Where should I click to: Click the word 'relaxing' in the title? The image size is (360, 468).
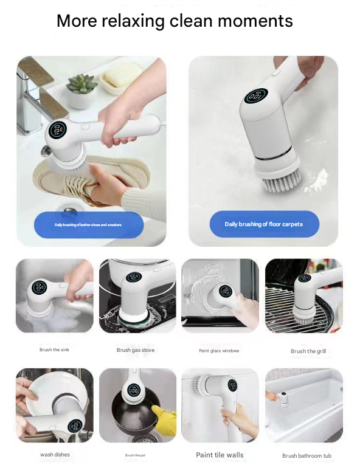(133, 21)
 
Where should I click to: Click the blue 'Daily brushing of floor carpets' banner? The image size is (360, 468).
(264, 224)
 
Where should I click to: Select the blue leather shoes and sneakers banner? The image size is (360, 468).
(88, 225)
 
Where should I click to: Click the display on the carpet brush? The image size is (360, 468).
(256, 96)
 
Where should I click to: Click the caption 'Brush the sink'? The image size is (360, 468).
(54, 350)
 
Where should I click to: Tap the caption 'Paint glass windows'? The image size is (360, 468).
(219, 351)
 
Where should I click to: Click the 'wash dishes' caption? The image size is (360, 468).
(55, 455)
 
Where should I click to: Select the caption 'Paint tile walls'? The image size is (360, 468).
(220, 455)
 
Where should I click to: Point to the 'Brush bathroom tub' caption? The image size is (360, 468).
(306, 455)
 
